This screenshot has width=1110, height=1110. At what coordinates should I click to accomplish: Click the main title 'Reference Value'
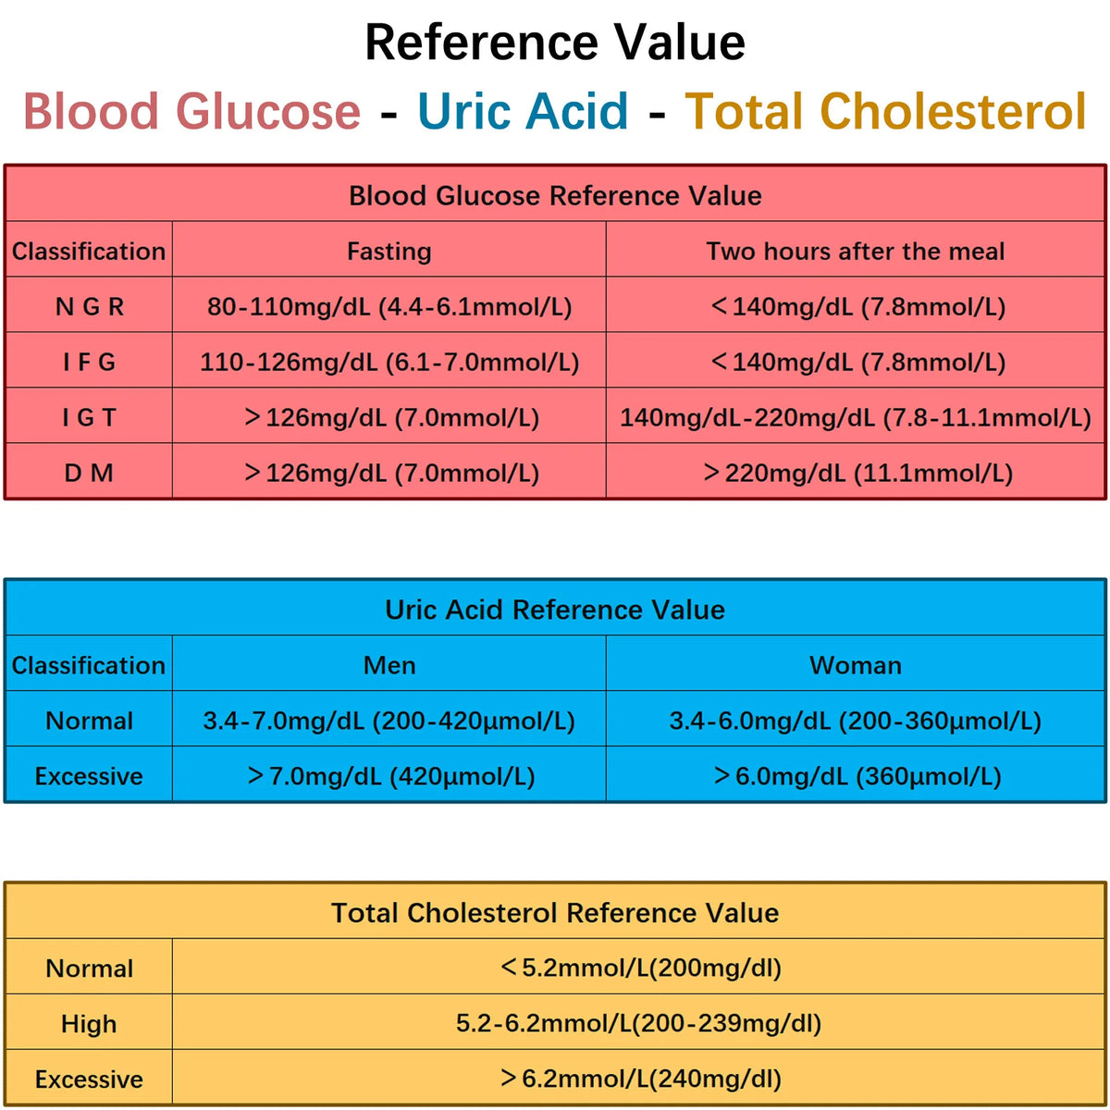point(555,43)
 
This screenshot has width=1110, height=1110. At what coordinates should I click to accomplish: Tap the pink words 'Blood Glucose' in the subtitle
point(191,111)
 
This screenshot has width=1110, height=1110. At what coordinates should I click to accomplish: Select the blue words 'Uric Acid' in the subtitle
point(523,111)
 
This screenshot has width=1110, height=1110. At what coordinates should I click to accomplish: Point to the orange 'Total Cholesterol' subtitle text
point(885,111)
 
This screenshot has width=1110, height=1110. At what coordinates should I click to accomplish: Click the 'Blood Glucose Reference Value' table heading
point(555,195)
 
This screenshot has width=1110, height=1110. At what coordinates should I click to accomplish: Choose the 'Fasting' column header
point(388,251)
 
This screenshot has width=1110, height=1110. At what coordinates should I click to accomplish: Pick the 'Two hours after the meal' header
point(855,251)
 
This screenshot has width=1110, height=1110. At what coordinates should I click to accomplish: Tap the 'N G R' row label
point(89,306)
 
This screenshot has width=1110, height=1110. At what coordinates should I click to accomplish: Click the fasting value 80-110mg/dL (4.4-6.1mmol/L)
point(388,306)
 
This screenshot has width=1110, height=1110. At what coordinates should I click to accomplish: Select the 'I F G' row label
point(89,362)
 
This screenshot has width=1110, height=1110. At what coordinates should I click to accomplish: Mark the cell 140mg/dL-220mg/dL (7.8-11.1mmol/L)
point(855,417)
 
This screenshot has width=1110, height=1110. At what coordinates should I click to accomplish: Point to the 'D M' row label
point(89,473)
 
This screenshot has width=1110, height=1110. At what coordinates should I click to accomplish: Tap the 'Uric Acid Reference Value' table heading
point(555,610)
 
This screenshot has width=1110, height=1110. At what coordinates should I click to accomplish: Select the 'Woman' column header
point(855,665)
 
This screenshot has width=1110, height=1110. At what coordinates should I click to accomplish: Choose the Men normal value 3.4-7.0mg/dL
point(388,721)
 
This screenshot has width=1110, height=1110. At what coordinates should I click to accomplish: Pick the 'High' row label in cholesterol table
point(89,1024)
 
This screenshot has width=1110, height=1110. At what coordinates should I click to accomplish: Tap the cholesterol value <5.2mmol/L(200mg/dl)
point(640,968)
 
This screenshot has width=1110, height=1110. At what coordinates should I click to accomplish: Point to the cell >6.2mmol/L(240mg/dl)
point(640,1079)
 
